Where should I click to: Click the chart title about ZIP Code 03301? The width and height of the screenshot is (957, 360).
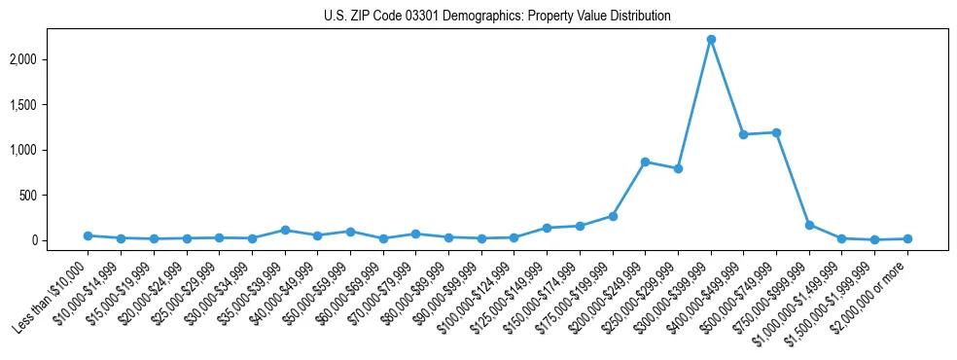497,17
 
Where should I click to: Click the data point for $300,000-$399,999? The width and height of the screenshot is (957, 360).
711,39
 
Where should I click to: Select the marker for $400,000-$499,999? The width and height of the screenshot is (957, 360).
743,134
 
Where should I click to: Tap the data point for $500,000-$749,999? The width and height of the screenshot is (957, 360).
776,132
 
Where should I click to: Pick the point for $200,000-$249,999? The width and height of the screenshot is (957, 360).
645,162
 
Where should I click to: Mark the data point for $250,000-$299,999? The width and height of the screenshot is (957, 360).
678,168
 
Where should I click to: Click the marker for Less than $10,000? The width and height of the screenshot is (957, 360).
88,235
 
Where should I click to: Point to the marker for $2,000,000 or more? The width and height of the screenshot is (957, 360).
907,238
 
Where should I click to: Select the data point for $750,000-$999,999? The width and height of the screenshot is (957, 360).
809,225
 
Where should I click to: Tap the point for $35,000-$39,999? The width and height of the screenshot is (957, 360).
285,230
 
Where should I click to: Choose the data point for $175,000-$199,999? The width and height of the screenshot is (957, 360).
613,216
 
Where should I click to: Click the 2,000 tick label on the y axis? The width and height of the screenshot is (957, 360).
51,59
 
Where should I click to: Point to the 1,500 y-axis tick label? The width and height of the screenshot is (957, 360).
51,105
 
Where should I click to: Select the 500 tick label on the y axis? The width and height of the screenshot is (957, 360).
56,196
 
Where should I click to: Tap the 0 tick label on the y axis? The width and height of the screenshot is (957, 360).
62,240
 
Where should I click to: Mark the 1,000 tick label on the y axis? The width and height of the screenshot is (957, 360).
51,150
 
